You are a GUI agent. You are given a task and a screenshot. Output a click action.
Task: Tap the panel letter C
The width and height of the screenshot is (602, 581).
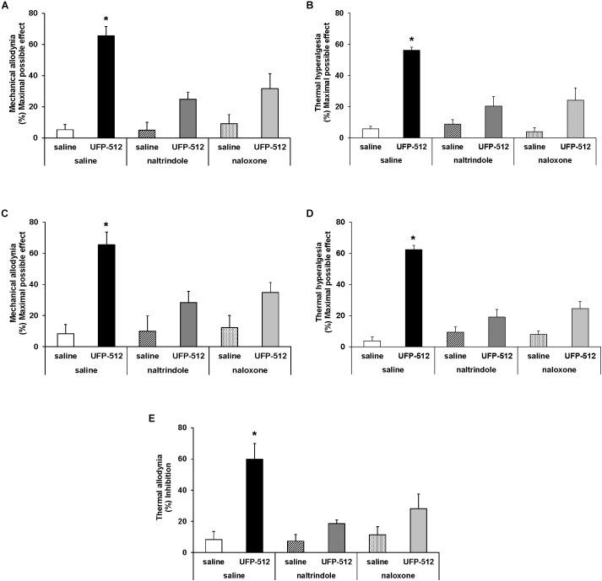tap(5, 222)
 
